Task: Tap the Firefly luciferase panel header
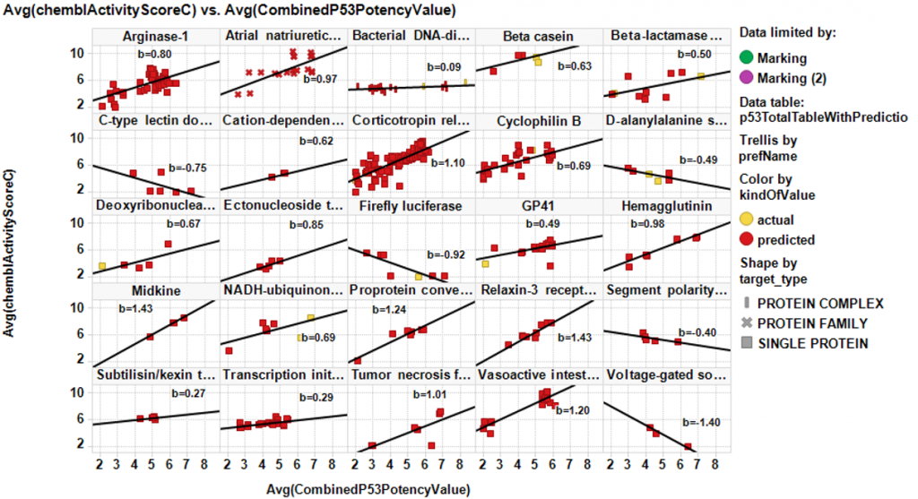tap(411, 206)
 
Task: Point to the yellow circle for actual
tap(746, 219)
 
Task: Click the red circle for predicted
tap(746, 239)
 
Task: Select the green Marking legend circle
tap(746, 57)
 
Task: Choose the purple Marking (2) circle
tap(746, 78)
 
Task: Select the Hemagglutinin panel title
tap(666, 206)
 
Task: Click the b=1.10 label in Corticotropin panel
tap(446, 164)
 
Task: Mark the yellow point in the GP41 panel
tap(485, 264)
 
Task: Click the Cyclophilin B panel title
tap(538, 121)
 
